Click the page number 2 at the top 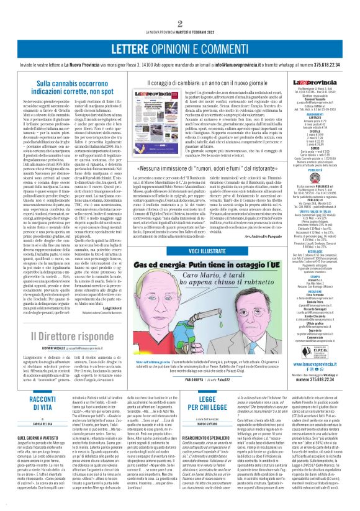click(x=180, y=6)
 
